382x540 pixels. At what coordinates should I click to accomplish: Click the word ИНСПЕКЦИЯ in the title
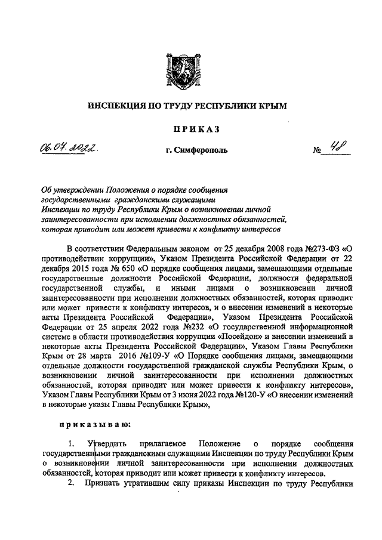(x=113, y=106)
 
